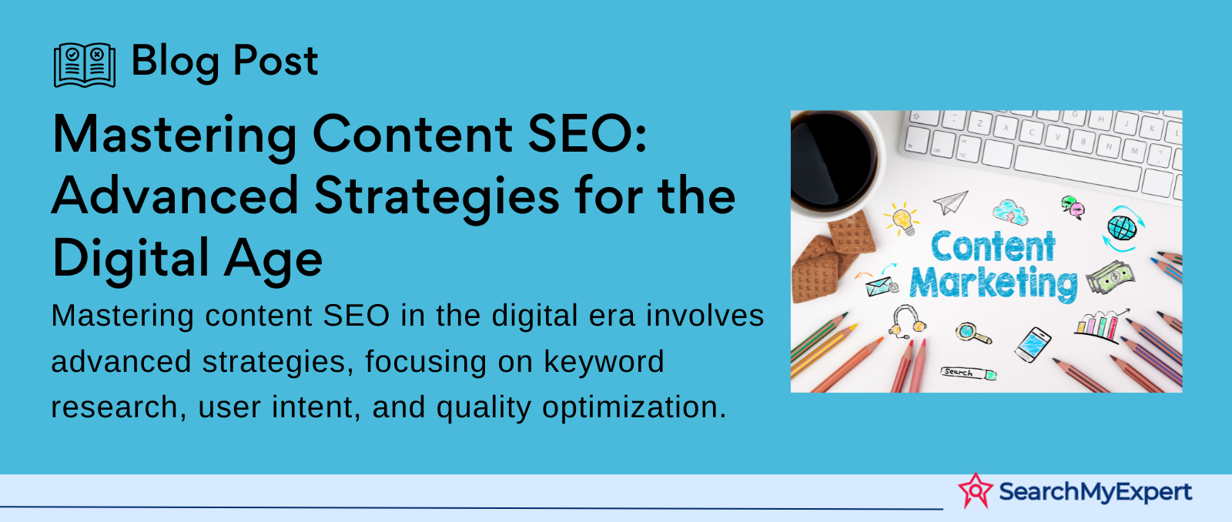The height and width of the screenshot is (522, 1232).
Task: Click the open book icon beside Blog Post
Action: click(85, 65)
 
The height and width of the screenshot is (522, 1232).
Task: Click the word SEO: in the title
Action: click(587, 134)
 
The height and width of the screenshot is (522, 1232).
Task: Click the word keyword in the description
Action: click(604, 361)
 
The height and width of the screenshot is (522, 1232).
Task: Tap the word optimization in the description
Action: click(634, 407)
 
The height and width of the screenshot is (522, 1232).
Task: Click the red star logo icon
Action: click(976, 490)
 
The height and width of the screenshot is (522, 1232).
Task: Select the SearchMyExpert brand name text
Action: click(1095, 492)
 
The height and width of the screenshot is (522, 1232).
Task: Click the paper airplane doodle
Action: click(950, 202)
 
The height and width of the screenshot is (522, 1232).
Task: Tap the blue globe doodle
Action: click(1123, 228)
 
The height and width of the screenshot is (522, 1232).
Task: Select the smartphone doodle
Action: click(1033, 345)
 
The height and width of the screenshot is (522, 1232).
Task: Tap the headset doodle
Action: click(906, 321)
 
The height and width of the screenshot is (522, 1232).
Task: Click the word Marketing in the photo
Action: click(993, 284)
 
